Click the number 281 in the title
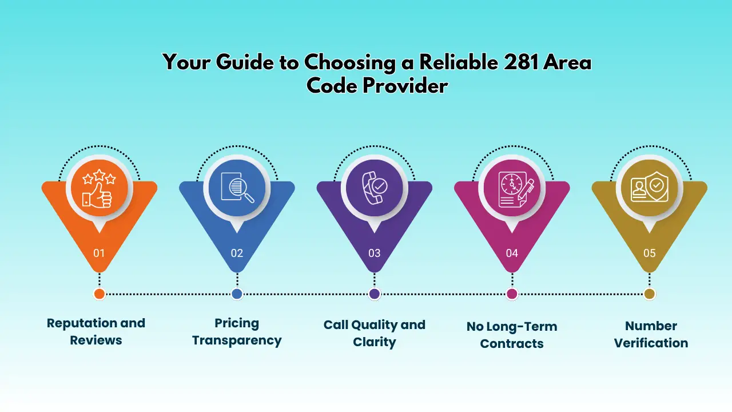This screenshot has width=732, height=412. point(521,62)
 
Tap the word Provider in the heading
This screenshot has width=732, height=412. point(405,86)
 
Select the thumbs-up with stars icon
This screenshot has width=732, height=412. point(100,188)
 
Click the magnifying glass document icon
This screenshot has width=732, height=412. point(237,188)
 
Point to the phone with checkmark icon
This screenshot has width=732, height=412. point(375,188)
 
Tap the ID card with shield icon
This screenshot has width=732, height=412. point(650,187)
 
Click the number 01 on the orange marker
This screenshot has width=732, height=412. point(99,253)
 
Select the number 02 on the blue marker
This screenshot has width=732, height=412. point(237,253)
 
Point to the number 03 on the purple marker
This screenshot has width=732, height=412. point(375,253)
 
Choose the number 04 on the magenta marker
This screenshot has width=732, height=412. point(512,253)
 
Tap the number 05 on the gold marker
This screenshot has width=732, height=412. point(650,253)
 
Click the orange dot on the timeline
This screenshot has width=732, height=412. point(100,294)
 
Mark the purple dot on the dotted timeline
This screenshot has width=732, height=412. point(375,294)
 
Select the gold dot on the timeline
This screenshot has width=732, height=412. point(650,294)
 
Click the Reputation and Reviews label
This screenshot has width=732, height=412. point(96,331)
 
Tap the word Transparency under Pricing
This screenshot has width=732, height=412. point(237,340)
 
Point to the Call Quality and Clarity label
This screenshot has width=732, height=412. point(375,333)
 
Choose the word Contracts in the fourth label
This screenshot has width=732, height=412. point(512,344)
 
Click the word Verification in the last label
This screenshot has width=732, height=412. point(651,343)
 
